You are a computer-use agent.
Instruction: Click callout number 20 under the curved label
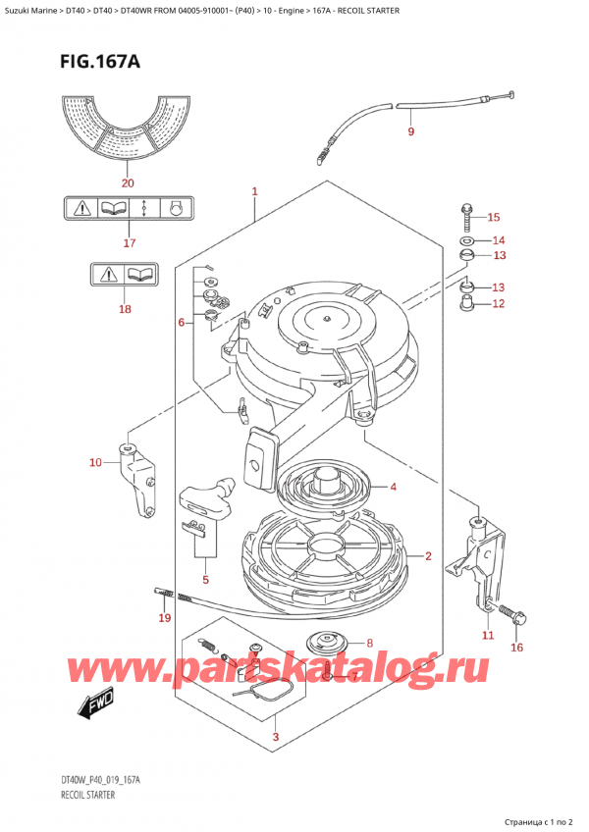125,182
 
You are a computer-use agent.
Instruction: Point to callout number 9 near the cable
410,131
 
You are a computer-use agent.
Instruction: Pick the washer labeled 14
466,240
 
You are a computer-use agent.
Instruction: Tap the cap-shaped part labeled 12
467,301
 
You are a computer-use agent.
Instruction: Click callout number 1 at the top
254,192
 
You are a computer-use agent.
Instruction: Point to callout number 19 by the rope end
164,618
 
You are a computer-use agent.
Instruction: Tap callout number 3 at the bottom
276,737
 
